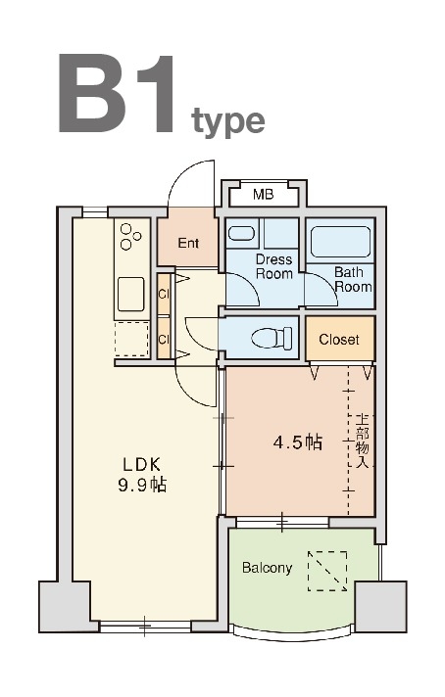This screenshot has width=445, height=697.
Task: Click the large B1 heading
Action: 116,93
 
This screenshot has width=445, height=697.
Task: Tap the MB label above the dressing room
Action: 263,194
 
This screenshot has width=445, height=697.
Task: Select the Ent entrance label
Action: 188,243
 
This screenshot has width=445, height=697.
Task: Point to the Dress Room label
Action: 274,266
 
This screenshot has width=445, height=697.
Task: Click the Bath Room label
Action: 353,279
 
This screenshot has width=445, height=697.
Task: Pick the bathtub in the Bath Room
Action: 340,242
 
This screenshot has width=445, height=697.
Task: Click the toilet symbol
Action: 272,338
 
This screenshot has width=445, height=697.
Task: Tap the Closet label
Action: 339,340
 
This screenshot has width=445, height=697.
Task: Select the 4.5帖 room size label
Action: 298,442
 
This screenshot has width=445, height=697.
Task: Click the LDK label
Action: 141,465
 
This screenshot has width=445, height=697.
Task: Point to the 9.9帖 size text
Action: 142,485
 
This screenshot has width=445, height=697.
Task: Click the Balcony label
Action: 267,568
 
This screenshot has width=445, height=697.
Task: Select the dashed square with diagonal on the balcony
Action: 327,571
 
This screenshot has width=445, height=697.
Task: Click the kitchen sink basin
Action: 130,295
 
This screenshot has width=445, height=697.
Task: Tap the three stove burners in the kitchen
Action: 130,237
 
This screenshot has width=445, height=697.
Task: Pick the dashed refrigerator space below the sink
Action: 131,339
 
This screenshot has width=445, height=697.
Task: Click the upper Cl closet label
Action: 165,295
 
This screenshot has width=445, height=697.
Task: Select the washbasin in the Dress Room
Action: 241,233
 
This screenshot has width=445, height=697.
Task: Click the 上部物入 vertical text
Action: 363,441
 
